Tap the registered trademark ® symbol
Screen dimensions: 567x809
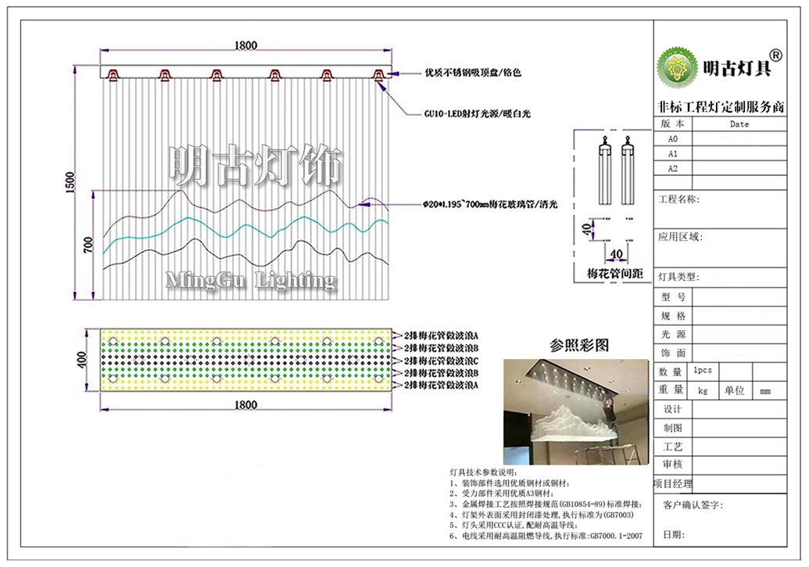775,55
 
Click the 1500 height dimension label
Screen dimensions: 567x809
70,182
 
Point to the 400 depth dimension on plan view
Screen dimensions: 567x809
81,360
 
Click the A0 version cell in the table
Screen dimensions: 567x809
672,138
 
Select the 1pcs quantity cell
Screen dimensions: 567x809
702,371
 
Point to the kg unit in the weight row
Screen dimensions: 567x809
702,389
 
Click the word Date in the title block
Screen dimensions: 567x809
739,124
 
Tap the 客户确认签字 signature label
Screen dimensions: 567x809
693,505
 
